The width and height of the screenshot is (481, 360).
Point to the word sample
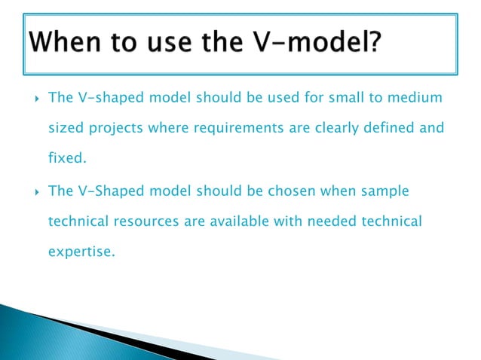[x=384, y=191]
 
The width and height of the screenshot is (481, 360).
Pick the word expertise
[x=81, y=253]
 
